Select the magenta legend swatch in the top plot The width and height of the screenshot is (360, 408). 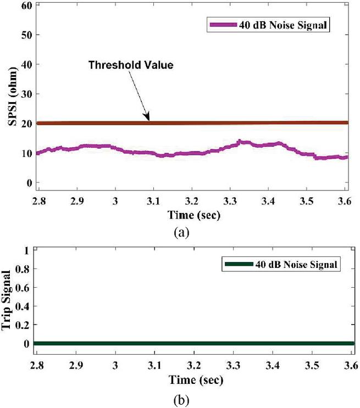(x=222, y=25)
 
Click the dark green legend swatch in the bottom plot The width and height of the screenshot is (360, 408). (x=238, y=265)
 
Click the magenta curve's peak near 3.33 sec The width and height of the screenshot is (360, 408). (x=240, y=142)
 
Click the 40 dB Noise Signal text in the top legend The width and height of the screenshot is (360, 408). (x=285, y=25)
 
